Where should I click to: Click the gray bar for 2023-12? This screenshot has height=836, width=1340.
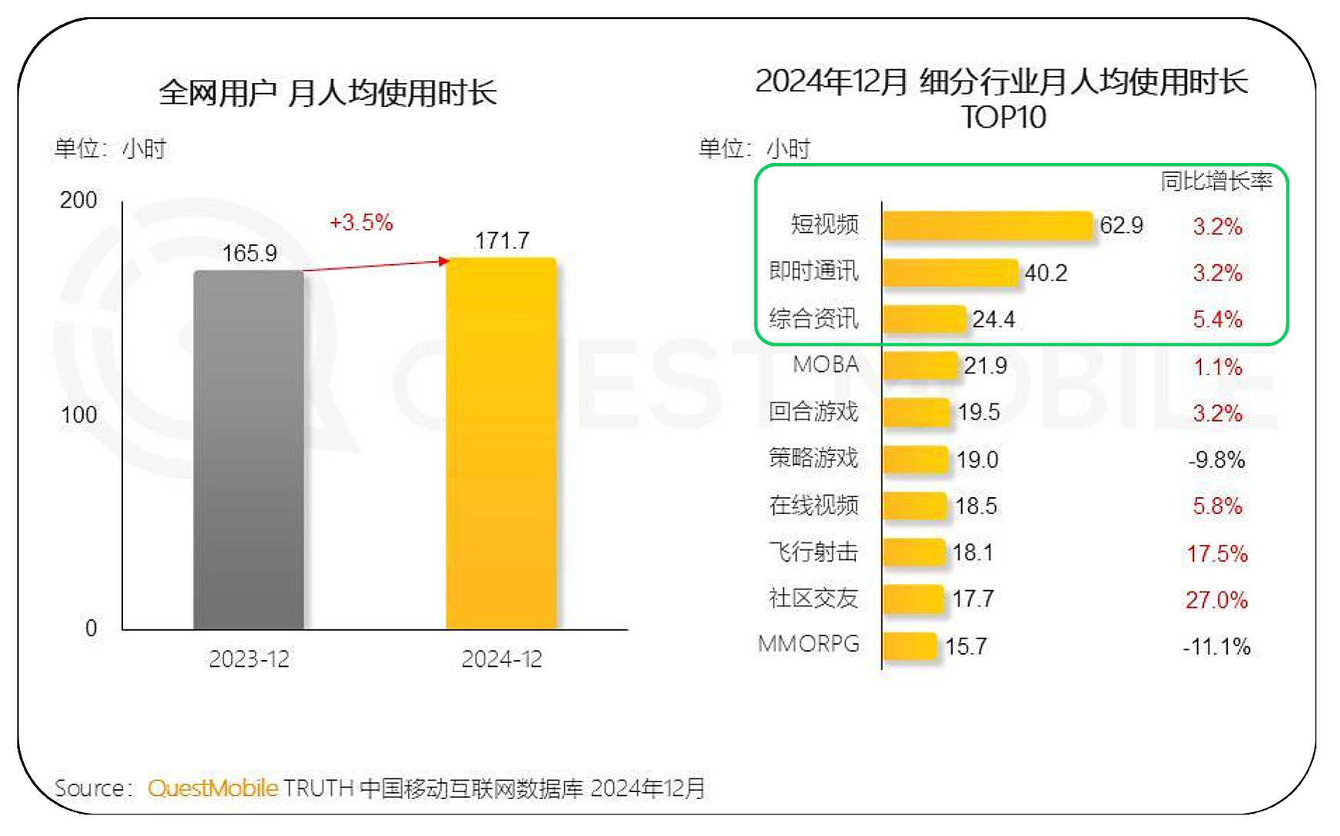click(248, 450)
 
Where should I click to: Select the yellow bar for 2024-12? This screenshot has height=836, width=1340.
click(501, 443)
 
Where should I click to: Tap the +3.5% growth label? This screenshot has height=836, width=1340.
click(361, 223)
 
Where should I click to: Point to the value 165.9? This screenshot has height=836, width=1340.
click(249, 254)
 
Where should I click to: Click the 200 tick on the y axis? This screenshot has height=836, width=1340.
click(78, 201)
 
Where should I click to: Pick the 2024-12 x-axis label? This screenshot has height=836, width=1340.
click(502, 659)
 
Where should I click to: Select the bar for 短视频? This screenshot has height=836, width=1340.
click(987, 226)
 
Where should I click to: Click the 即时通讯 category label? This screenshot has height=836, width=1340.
click(814, 271)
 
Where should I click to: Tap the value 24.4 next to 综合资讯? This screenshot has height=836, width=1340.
click(993, 320)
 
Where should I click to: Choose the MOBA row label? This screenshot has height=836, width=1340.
click(826, 365)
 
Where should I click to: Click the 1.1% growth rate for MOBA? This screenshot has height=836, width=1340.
click(1217, 367)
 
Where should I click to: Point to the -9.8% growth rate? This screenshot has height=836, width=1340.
click(1216, 460)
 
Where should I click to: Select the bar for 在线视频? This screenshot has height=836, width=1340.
click(914, 506)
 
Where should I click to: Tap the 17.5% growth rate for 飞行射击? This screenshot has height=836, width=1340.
click(1217, 553)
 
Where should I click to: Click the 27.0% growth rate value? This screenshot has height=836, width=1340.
click(1216, 600)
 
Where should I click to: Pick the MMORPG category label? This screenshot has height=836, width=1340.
click(808, 644)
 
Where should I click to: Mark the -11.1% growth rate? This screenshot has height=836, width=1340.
click(1216, 647)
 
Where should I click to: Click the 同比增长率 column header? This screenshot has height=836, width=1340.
click(1216, 181)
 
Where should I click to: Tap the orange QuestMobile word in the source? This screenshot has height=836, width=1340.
click(213, 788)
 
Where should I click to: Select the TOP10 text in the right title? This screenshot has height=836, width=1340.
click(1003, 118)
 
